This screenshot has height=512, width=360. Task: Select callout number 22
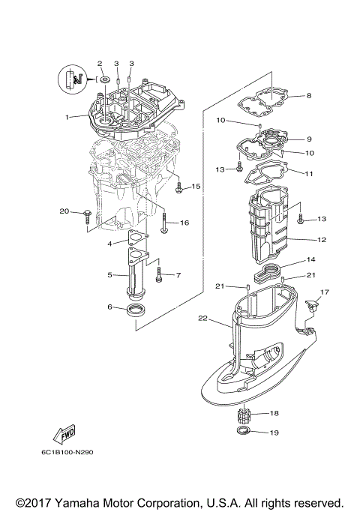coord(202,319)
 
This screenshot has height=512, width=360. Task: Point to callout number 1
coord(67,117)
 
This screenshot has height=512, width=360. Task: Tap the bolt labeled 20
coord(88,217)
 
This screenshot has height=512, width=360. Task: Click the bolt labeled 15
coord(178,189)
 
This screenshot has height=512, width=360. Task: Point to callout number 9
coord(310,139)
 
